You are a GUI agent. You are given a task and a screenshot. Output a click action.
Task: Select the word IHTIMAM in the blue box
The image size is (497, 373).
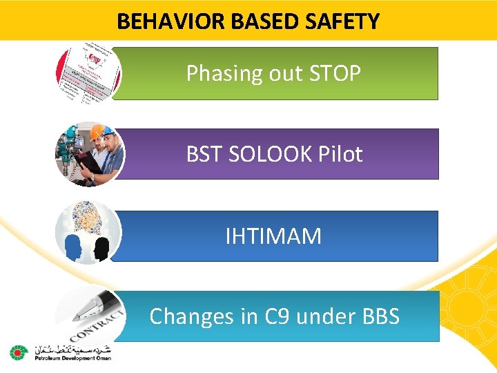tap(273, 236)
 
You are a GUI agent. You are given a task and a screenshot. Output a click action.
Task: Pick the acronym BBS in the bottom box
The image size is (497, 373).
tap(380, 316)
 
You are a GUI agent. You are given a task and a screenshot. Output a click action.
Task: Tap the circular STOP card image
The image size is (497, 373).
tap(88, 72)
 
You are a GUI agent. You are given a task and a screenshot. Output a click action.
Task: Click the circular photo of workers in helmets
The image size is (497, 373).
tap(88, 154)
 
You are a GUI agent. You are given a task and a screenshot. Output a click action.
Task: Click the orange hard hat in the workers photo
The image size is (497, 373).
tap(105, 132)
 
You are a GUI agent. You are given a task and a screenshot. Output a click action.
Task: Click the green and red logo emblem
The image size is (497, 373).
tap(17, 352)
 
